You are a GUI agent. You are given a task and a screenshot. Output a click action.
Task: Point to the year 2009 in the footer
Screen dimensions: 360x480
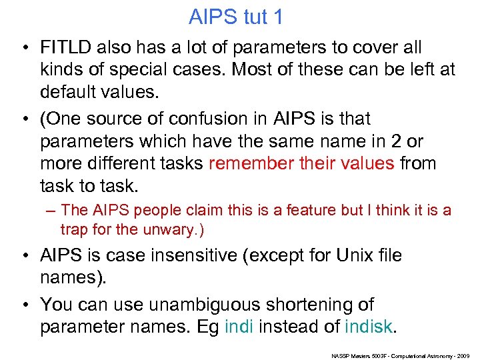point(464,355)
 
